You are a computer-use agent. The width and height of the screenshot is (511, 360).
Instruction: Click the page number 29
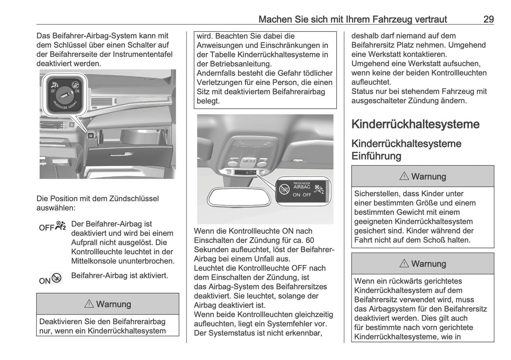(x=488, y=19)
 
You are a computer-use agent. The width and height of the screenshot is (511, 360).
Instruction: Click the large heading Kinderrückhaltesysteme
(x=415, y=124)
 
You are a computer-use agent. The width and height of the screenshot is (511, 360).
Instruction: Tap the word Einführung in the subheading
(x=376, y=156)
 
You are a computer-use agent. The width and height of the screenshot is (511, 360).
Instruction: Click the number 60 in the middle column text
(x=310, y=240)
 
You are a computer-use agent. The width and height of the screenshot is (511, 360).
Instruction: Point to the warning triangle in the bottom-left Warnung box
(x=89, y=304)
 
